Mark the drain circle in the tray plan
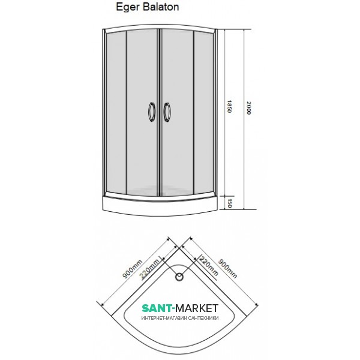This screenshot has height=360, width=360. [179, 277]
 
